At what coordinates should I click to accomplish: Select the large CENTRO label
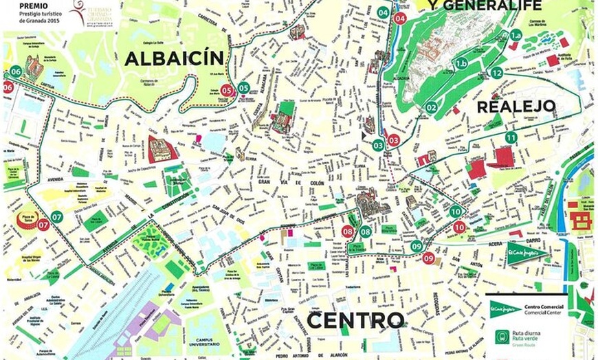point(355,320)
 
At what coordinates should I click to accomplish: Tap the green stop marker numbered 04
point(383,12)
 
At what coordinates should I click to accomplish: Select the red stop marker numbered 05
point(228,89)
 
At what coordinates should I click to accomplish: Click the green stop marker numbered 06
point(16,71)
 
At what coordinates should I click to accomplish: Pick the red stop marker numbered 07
point(43,224)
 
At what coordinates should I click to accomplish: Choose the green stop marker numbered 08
point(365,232)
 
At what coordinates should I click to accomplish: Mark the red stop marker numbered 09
point(428,258)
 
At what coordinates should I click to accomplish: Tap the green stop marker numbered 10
point(456,212)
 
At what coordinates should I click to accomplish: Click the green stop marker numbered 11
point(511,137)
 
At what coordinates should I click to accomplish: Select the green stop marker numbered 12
point(497,72)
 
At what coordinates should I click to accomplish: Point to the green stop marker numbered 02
point(431,107)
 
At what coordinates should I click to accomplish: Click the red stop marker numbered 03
point(394,140)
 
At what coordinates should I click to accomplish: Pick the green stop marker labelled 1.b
point(461,63)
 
